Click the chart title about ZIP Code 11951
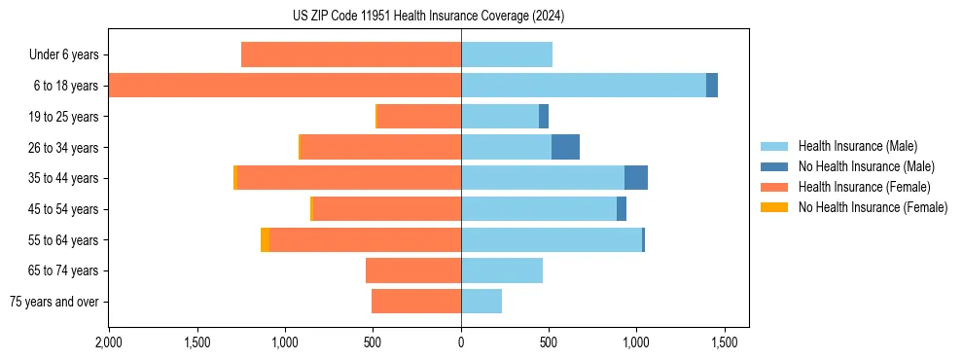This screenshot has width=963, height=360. [x=428, y=17]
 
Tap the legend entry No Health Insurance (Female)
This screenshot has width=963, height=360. [x=873, y=207]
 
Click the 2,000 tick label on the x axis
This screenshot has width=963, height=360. [x=109, y=343]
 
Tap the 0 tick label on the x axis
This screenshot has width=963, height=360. [x=461, y=343]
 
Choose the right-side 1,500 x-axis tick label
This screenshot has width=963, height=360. [x=724, y=343]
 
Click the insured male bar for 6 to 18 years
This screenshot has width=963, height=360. [x=584, y=86]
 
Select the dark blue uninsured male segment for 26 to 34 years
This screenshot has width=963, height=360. [x=565, y=147]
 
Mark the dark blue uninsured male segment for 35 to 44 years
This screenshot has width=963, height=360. [x=636, y=178]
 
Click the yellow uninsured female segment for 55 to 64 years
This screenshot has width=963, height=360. [x=266, y=239]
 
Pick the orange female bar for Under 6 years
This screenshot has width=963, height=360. [x=351, y=55]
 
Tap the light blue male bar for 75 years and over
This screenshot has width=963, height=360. [x=481, y=302]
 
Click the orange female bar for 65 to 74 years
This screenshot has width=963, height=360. [x=413, y=270]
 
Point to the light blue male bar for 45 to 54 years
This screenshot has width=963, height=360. [x=539, y=209]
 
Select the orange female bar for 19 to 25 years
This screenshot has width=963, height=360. [x=419, y=117]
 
